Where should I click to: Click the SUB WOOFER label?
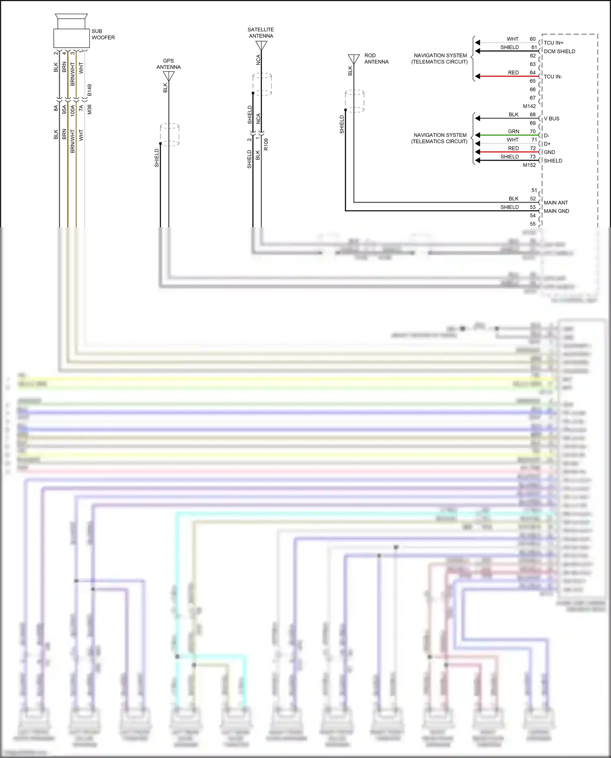coord(103,34)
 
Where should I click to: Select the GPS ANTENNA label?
coord(169,64)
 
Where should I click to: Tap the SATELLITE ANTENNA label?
coord(261,33)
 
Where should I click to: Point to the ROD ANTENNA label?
coord(376,59)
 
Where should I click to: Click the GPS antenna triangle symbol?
coord(169,76)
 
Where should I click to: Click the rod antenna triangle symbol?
coord(354,59)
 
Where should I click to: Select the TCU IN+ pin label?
coord(553,43)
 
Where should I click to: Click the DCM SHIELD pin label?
coord(559,51)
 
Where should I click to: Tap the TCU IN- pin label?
coord(553,77)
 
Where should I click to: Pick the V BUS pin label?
coord(552,119)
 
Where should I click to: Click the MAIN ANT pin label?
coord(556,202)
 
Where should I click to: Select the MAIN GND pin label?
coord(556,211)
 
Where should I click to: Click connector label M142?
coord(529,106)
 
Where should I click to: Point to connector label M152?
coord(529,165)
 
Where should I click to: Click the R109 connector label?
coord(266,144)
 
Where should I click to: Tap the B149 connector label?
coord(90,90)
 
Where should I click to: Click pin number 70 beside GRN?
coord(532,131)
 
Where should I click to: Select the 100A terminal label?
coord(73,110)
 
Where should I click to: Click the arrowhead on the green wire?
coord(477,135)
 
